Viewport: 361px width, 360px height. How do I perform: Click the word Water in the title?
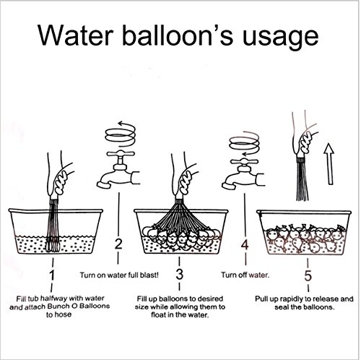tap(76, 36)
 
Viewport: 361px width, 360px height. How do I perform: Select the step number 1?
tap(52, 275)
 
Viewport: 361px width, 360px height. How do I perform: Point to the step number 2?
tap(118, 244)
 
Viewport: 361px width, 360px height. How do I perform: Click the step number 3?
tap(180, 274)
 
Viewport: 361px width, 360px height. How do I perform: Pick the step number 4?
tap(245, 245)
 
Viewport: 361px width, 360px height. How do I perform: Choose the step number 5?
tap(308, 275)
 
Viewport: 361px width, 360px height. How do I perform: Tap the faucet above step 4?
tap(243, 175)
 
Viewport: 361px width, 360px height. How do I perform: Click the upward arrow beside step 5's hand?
tap(329, 164)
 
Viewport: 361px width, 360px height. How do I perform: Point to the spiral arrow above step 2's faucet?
tap(121, 134)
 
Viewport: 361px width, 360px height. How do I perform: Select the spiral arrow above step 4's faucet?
tap(244, 144)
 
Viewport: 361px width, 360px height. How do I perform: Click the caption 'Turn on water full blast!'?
tap(119, 275)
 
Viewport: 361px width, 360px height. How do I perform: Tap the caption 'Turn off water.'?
tap(245, 275)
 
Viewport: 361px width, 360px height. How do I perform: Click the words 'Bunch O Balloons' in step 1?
tap(79, 307)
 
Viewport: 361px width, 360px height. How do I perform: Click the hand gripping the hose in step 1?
tap(60, 179)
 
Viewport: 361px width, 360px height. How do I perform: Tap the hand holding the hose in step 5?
tap(305, 140)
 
